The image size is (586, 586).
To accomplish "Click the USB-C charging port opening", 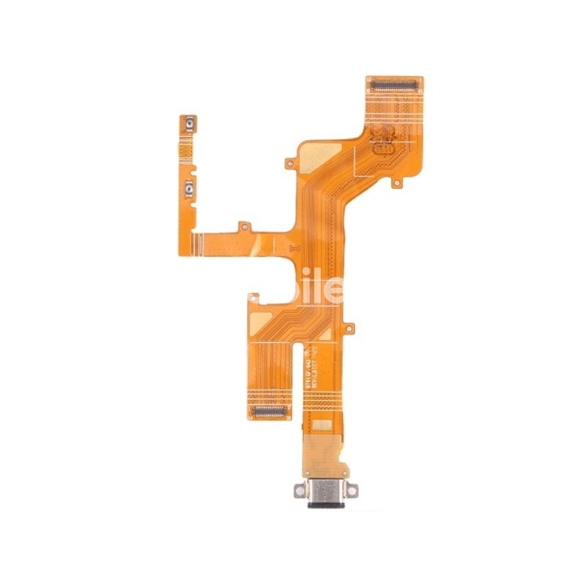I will point(324,505).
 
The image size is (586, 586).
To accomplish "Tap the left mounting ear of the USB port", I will point(300,489).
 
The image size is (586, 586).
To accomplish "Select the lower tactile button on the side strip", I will point(189,190).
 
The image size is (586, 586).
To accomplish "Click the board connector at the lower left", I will point(269,411).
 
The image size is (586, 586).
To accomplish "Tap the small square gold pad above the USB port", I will point(321,424).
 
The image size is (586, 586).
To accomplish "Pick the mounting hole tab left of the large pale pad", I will point(290,163).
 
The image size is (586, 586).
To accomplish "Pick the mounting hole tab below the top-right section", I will point(396,182).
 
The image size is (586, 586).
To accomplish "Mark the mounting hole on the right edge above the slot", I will point(349,327).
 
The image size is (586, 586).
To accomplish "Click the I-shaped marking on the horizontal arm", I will point(295,248).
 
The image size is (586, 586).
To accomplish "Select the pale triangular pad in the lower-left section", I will point(262,319).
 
